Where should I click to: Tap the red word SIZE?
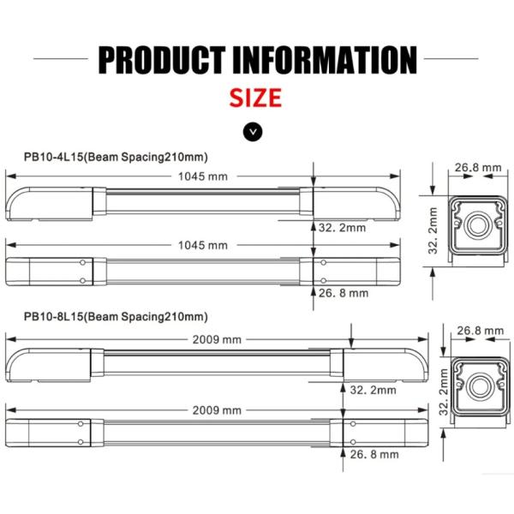tap(255, 97)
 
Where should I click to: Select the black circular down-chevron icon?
tap(254, 131)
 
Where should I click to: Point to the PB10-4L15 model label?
tap(117, 157)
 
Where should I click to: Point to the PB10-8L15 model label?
tap(117, 317)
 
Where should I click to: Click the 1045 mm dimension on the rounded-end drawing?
tap(203, 176)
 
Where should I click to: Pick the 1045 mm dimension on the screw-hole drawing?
tap(203, 245)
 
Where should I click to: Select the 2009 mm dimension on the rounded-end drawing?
tap(219, 339)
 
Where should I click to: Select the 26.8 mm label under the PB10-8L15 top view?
tap(374, 454)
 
